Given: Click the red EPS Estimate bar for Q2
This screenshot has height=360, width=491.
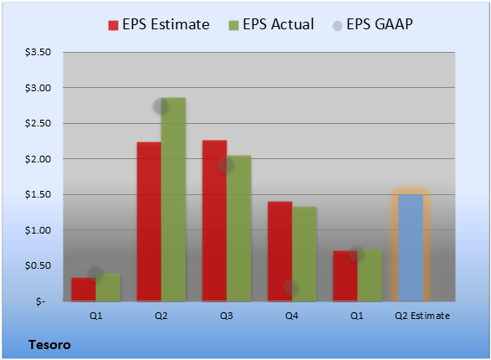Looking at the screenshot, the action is tap(149, 222).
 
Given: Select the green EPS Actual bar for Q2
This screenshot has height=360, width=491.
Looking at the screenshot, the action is tap(173, 199).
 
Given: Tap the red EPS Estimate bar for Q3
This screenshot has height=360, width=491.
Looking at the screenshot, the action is tap(214, 220).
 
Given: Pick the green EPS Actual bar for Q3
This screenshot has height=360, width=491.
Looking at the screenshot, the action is tap(239, 229).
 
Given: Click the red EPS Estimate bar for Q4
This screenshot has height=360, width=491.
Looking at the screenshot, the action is tap(280, 251).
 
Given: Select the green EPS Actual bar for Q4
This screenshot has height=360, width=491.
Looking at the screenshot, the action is tap(304, 254).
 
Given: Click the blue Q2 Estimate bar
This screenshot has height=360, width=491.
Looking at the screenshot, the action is tap(411, 248).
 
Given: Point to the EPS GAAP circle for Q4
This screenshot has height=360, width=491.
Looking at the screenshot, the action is tap(291, 288).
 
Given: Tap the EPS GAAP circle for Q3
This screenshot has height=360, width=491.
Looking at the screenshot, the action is tap(226, 165).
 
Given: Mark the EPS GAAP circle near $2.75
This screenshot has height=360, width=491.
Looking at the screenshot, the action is tap(161, 106).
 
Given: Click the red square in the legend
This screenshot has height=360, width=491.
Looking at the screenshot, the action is tap(114, 25).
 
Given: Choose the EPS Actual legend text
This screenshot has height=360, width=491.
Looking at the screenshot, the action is tap(278, 24).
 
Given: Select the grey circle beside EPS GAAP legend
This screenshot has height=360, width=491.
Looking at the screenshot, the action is tap(337, 26).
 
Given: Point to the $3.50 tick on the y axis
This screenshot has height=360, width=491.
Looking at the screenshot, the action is tap(38, 52).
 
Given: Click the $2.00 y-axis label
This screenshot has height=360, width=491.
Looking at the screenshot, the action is tap(38, 159).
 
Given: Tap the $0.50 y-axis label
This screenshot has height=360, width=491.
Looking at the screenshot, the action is tap(38, 265).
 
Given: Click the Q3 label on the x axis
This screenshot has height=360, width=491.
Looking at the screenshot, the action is tap(227, 316).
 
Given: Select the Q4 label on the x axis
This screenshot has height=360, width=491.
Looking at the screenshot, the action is tap(292, 316).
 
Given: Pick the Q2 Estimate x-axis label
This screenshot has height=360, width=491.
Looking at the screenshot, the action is tap(422, 316).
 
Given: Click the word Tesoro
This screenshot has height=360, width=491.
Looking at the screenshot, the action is tap(49, 345).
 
